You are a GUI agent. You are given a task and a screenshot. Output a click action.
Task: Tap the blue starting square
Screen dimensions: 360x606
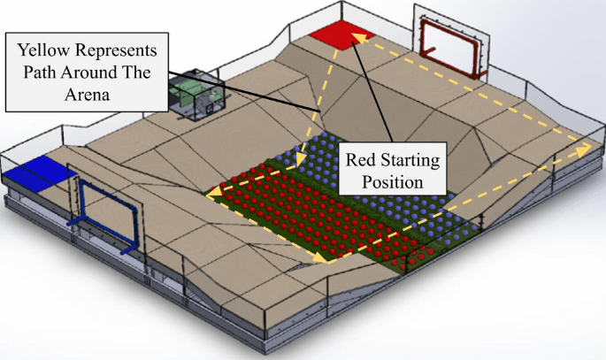point(39,168)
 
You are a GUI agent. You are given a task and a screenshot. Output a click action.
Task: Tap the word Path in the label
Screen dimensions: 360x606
point(44,72)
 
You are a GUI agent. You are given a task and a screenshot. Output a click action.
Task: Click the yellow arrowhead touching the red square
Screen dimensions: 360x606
point(357,35)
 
